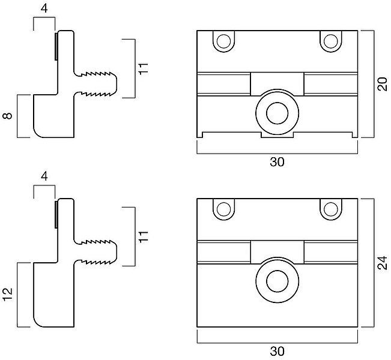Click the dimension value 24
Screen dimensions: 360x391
pos(381,263)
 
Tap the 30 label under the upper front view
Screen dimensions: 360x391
pos(277,162)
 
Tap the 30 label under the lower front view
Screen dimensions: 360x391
pos(277,351)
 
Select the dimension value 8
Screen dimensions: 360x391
pos(8,116)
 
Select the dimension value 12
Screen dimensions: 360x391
pos(8,295)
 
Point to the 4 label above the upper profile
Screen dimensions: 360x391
pos(44,8)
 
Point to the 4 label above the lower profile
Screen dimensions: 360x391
pos(44,177)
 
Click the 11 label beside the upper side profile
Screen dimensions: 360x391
pos(142,68)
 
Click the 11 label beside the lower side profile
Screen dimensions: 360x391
pos(142,236)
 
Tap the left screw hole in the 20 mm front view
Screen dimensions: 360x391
pos(224,41)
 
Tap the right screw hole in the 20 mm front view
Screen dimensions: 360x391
pos(330,41)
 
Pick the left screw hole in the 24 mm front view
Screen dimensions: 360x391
pos(224,209)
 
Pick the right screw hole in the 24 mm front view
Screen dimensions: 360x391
pos(330,209)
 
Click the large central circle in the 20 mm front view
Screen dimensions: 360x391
pos(277,111)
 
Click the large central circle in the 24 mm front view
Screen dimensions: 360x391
pos(277,280)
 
